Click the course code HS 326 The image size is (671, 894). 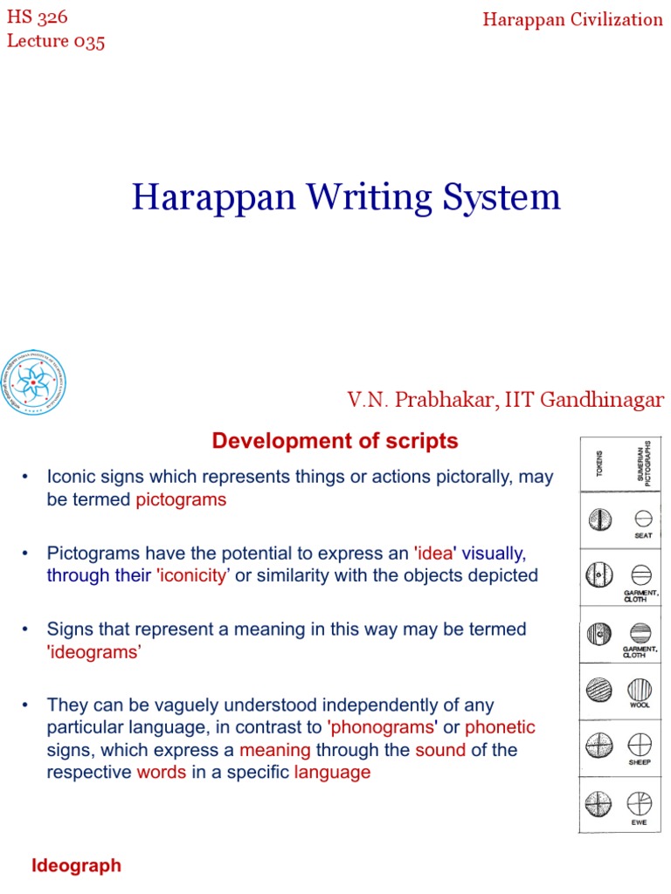click(x=38, y=17)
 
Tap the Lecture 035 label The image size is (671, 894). click(x=56, y=41)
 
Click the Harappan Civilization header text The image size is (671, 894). click(x=572, y=19)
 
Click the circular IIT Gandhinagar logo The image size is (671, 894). click(x=34, y=382)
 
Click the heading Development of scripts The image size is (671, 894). click(x=335, y=442)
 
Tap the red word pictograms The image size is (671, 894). click(x=181, y=500)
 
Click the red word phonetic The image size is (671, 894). click(x=500, y=727)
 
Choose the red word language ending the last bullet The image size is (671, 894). click(x=332, y=773)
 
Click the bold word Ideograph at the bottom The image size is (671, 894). click(x=76, y=866)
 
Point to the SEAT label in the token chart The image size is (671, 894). click(x=643, y=535)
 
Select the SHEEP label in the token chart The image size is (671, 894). click(x=641, y=763)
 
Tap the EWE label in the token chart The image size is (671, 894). click(x=640, y=822)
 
